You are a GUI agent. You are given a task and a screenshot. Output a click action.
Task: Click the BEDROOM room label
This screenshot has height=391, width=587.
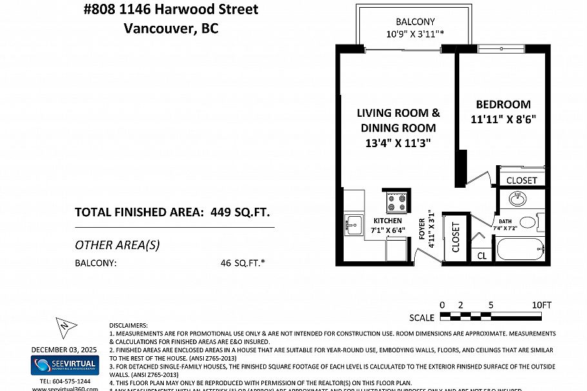click(x=503, y=105)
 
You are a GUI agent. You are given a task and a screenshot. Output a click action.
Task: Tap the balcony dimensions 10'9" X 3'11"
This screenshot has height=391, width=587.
click(x=415, y=34)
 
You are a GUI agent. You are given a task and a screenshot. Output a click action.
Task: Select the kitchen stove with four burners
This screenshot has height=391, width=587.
click(x=395, y=203)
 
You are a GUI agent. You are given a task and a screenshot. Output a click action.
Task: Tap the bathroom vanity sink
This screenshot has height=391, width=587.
click(x=517, y=198)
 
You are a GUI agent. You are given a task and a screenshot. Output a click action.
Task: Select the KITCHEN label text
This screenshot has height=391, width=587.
click(x=387, y=221)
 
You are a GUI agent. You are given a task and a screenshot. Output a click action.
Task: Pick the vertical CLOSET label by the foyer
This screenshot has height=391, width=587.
click(x=456, y=237)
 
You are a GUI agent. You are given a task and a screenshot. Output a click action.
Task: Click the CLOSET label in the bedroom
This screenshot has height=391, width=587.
click(x=521, y=180)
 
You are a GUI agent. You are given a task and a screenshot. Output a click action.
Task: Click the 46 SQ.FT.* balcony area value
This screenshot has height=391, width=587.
click(x=244, y=263)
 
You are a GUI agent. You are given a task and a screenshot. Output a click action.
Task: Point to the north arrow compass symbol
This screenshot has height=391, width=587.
click(x=64, y=328)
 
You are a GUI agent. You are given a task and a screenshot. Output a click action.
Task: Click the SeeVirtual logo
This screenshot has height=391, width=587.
click(x=64, y=366)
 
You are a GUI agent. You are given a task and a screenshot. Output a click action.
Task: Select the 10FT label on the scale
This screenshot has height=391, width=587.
click(x=542, y=305)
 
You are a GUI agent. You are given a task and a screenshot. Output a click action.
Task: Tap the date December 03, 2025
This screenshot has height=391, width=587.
click(x=64, y=350)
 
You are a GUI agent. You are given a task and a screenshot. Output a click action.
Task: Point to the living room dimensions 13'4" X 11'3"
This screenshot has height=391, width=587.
click(x=398, y=143)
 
